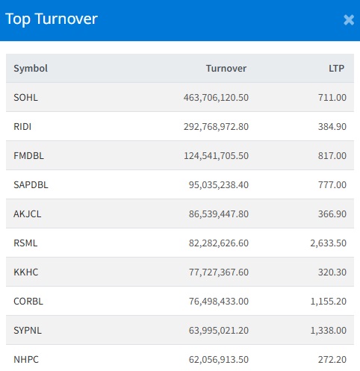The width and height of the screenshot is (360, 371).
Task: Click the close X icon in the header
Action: pos(349,20)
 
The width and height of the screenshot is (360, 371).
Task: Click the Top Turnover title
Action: pos(52,19)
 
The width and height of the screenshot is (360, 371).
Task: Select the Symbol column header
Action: pos(31,68)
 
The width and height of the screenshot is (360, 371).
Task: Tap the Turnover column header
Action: pos(226,68)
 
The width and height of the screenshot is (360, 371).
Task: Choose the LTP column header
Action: pos(336,68)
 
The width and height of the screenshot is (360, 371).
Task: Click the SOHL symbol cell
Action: pos(25,97)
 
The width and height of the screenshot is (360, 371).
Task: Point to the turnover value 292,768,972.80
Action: pos(216,127)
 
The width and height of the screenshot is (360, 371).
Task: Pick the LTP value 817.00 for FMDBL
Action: pos(332,156)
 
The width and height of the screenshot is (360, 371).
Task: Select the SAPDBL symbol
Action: pos(31,185)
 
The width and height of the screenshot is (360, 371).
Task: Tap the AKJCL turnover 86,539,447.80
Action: pos(219,214)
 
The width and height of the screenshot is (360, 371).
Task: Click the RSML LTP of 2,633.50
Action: pos(328,243)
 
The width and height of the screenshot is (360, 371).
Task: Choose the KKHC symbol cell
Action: pos(26,272)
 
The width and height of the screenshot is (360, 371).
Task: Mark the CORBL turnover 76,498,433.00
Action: pos(219,302)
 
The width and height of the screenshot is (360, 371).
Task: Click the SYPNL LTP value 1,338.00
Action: pos(328,331)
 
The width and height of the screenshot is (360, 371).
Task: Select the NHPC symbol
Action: pos(26,360)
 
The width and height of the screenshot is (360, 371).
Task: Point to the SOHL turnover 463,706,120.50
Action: pos(216,98)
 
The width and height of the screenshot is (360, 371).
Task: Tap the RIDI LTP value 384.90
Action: pos(332,127)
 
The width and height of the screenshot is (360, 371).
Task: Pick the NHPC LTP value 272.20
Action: pos(332,360)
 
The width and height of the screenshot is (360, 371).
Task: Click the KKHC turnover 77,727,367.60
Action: pos(219,272)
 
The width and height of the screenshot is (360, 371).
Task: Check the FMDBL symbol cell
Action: pos(28,156)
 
